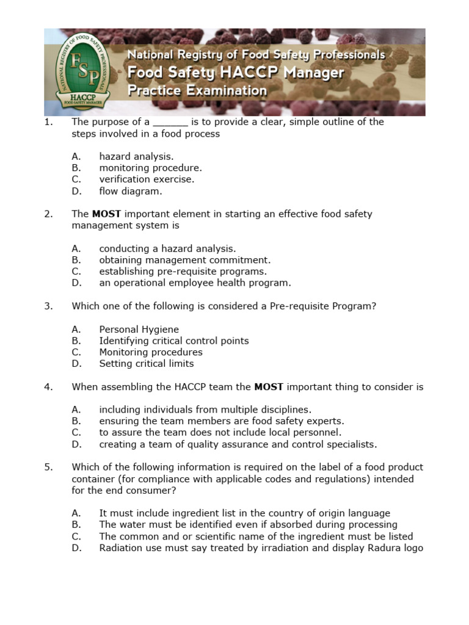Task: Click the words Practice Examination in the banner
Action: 197,91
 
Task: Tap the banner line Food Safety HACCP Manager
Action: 235,73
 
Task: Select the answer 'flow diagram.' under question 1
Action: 131,191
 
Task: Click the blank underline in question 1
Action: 170,122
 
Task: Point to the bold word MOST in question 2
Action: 106,214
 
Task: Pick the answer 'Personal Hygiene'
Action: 139,330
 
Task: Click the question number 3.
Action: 48,306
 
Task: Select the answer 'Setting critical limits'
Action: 146,364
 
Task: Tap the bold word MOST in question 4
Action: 268,387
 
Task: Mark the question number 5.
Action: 48,468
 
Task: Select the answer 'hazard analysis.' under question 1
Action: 136,157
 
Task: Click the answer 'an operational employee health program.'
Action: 195,283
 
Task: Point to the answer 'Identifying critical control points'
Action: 173,341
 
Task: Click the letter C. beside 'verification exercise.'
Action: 76,179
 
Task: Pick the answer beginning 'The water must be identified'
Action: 248,525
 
